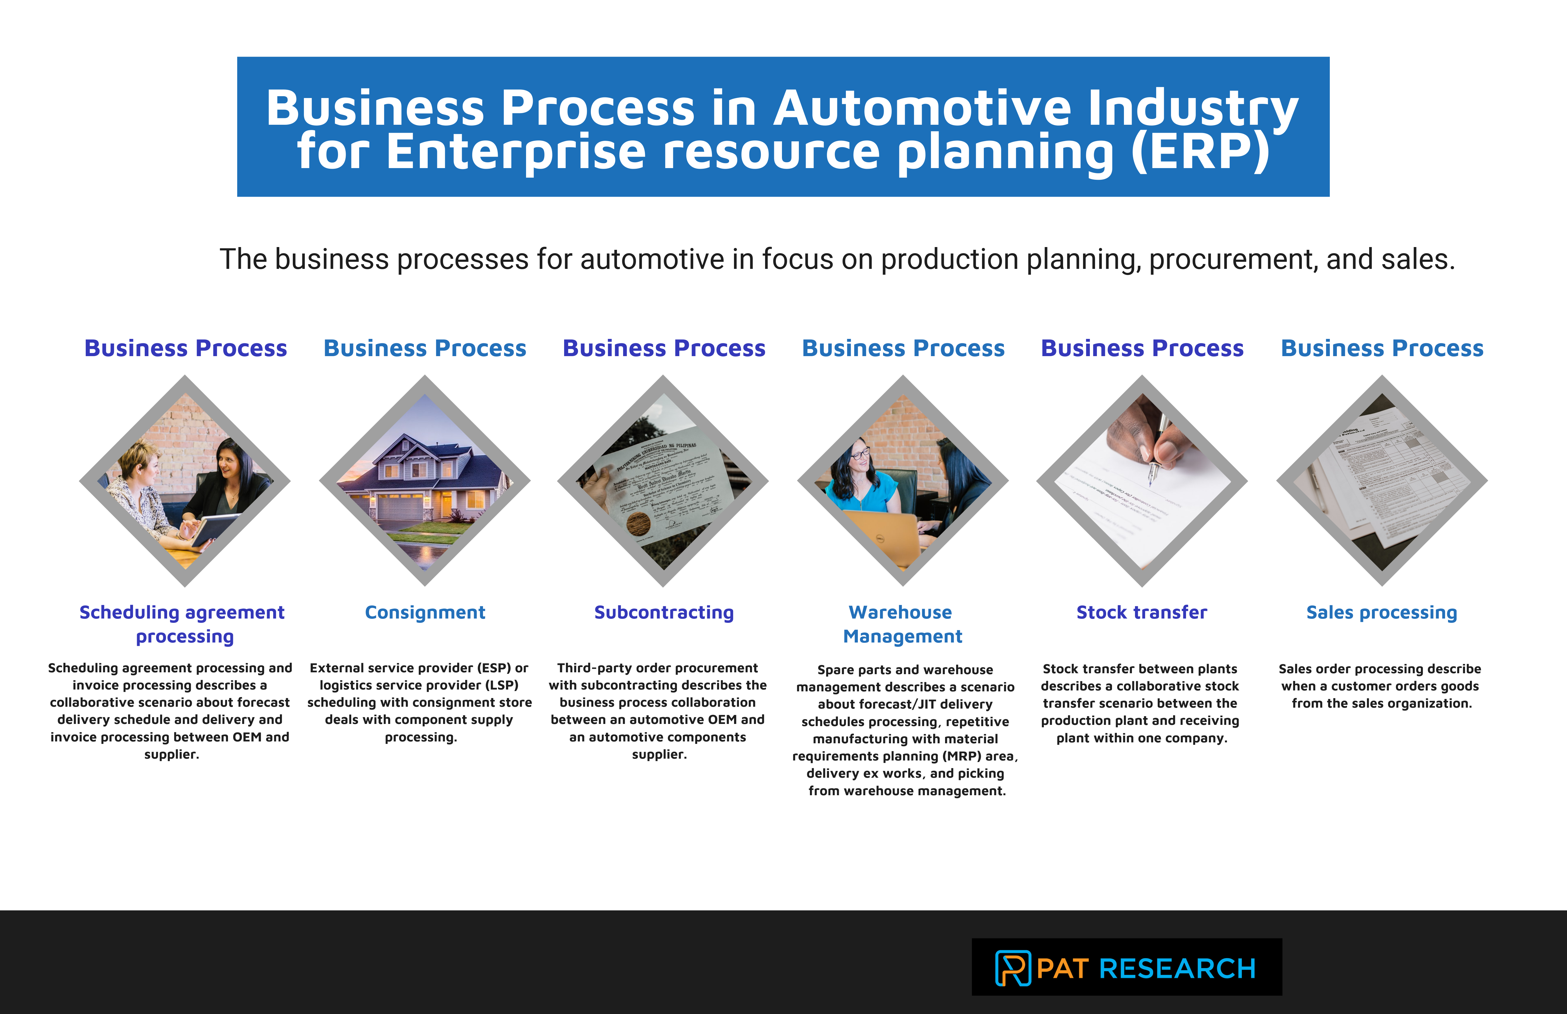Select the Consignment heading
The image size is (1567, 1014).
(425, 612)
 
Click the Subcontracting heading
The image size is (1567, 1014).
(664, 612)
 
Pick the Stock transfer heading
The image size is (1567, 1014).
(1142, 612)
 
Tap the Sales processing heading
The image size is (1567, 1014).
(1381, 612)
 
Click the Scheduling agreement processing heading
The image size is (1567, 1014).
(183, 624)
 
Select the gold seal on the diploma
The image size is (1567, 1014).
(637, 525)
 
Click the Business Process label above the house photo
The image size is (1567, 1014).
(425, 348)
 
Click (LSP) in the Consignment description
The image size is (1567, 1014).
(502, 685)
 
